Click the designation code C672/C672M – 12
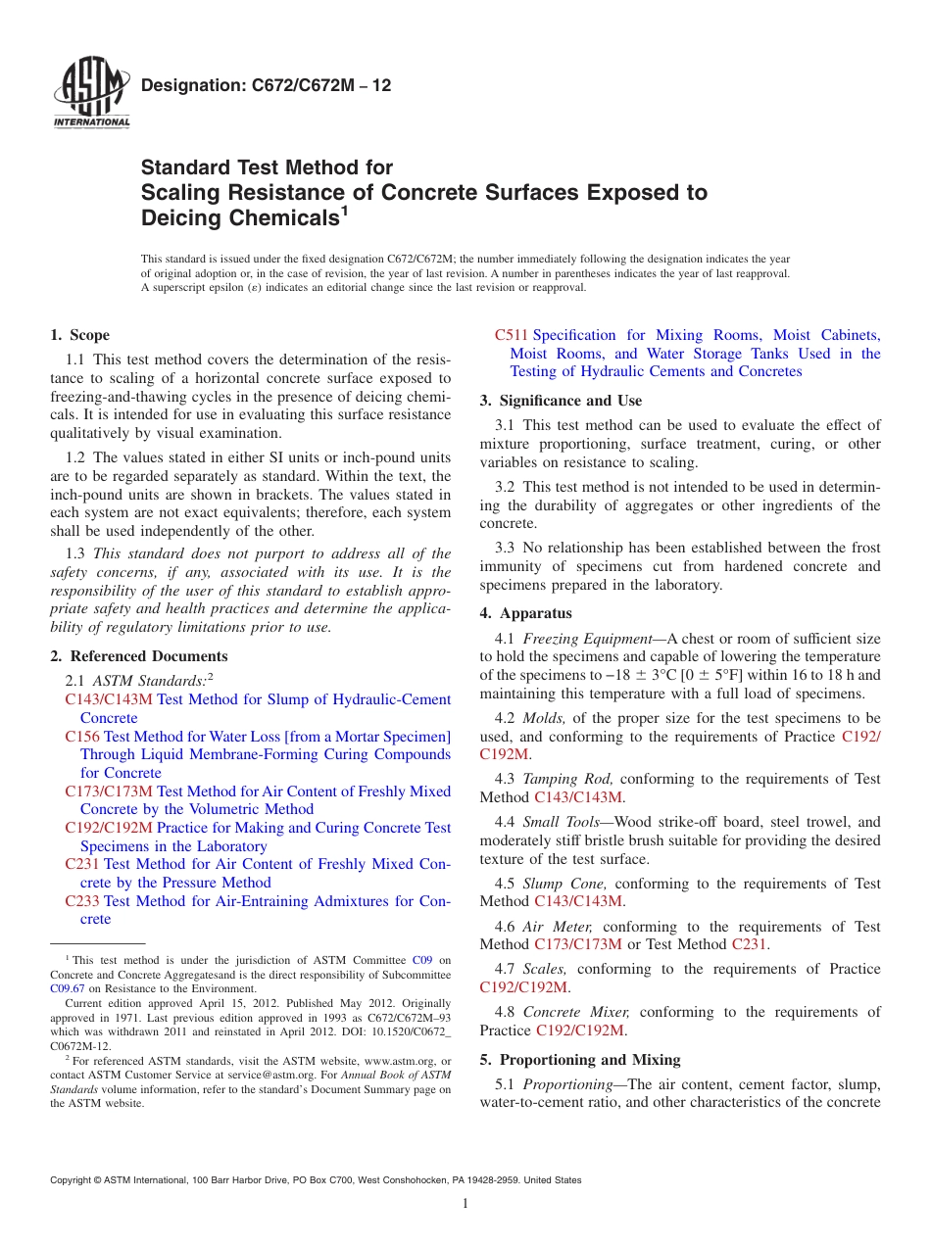tap(267, 85)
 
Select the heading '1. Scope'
tap(79, 335)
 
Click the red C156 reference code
tap(82, 737)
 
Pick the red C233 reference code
tap(82, 901)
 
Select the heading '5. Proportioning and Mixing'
tap(579, 1060)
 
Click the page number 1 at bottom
tap(465, 1204)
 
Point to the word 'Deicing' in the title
tap(190, 218)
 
